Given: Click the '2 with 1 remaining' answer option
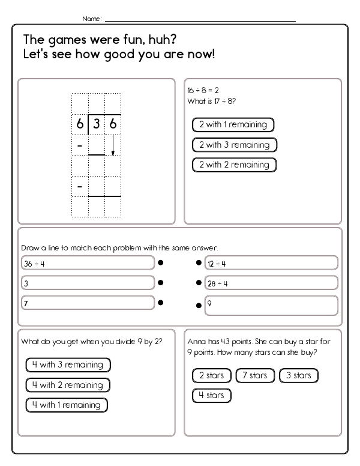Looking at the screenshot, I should (x=233, y=125).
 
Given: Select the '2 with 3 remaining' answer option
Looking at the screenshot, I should (x=235, y=145).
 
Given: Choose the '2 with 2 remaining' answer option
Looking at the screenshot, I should (x=235, y=165).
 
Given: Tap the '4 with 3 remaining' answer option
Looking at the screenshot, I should (x=68, y=365).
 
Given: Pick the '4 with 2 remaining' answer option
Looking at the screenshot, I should (x=68, y=385).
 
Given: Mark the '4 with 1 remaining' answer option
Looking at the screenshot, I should (x=67, y=405).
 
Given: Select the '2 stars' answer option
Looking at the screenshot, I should (x=211, y=376).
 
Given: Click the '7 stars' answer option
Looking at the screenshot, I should (x=254, y=376).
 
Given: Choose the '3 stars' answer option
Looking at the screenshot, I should (x=298, y=376).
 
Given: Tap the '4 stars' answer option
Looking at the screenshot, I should (x=211, y=396).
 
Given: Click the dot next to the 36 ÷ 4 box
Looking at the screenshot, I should (x=161, y=262).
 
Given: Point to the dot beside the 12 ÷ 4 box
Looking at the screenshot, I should (x=199, y=262).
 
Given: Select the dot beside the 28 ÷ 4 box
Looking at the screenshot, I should (x=199, y=283).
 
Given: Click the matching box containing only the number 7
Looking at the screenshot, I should (x=88, y=304).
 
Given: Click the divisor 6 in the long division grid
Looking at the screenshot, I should (x=80, y=125).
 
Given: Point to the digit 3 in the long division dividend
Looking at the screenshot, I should (x=97, y=125).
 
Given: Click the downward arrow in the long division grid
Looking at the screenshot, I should (x=113, y=145).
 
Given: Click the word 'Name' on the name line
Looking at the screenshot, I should (x=91, y=19).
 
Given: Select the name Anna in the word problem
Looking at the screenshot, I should (x=196, y=341).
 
